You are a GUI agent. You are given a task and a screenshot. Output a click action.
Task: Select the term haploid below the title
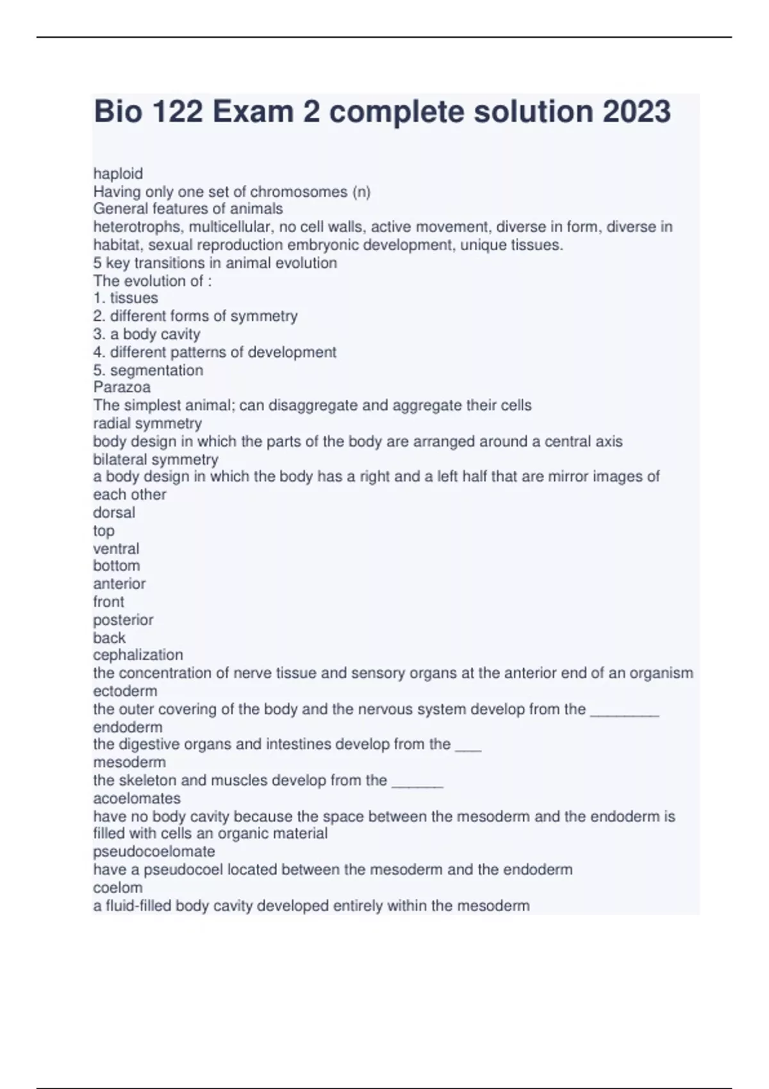click(118, 174)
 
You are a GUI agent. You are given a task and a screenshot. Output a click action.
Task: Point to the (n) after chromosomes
click(361, 192)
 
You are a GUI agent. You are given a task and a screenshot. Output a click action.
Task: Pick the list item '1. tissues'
click(126, 298)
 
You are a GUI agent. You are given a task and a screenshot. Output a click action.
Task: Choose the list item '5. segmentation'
click(148, 370)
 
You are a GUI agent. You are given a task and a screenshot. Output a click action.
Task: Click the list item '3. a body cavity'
click(147, 334)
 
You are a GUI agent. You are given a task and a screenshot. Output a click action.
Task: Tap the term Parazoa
click(122, 387)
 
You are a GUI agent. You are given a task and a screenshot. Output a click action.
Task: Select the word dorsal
click(114, 512)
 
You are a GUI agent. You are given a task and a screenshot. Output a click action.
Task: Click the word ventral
click(116, 548)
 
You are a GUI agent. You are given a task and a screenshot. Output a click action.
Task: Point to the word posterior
click(123, 620)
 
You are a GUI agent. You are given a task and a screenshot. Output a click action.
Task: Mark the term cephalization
click(138, 655)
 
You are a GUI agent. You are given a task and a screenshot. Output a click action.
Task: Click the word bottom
click(117, 566)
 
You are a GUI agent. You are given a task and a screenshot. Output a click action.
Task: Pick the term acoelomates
click(136, 798)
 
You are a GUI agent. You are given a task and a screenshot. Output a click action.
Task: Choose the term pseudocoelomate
click(154, 851)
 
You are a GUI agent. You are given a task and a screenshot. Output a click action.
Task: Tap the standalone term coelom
click(118, 887)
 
